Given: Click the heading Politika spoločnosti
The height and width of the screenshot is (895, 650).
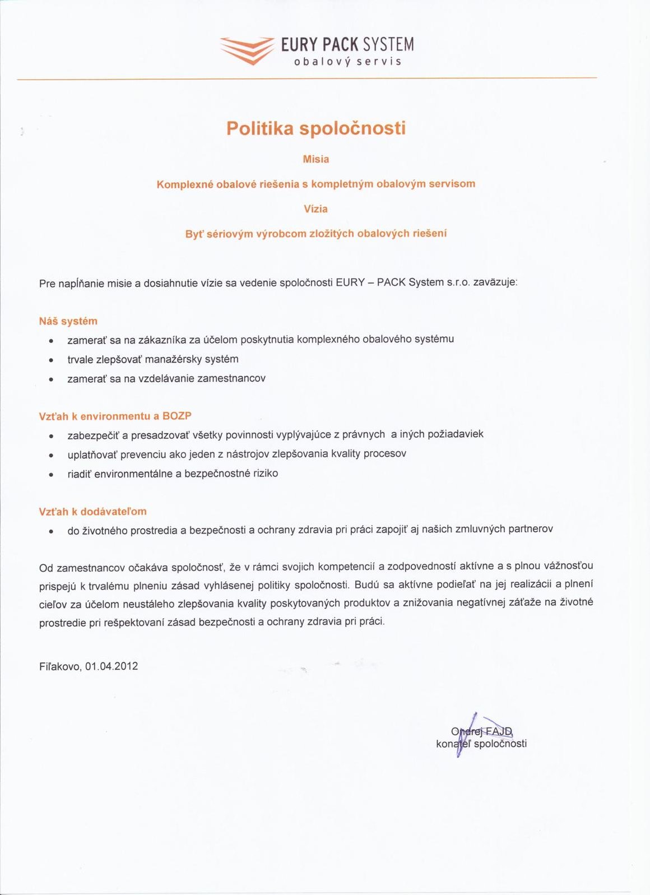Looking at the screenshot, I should (316, 128).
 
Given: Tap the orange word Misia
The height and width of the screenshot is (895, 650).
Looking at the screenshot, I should (316, 159).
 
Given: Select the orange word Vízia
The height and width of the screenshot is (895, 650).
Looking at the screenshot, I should (315, 209).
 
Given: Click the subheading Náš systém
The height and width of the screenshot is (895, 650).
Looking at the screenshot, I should (68, 321).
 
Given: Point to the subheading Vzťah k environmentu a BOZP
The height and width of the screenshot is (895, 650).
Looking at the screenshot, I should (115, 416).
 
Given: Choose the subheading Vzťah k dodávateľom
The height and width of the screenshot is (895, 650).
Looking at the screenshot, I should (93, 512).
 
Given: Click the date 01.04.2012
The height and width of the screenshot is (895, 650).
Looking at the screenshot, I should (112, 666).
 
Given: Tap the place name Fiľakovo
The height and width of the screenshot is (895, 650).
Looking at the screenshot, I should (61, 666).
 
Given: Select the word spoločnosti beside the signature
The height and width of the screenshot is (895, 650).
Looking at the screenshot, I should (500, 744).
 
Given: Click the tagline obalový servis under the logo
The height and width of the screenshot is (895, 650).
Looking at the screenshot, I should (348, 62).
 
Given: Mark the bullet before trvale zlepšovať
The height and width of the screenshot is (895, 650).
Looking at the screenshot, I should (52, 360).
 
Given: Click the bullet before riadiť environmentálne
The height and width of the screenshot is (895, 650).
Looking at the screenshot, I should (52, 475).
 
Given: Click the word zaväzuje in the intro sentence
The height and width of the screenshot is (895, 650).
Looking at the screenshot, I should (495, 282).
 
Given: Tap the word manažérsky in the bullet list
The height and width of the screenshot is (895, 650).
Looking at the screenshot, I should (174, 359).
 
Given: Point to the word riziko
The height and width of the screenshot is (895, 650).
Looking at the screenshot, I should (266, 474).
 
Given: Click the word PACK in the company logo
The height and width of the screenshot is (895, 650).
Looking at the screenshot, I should (341, 44).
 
